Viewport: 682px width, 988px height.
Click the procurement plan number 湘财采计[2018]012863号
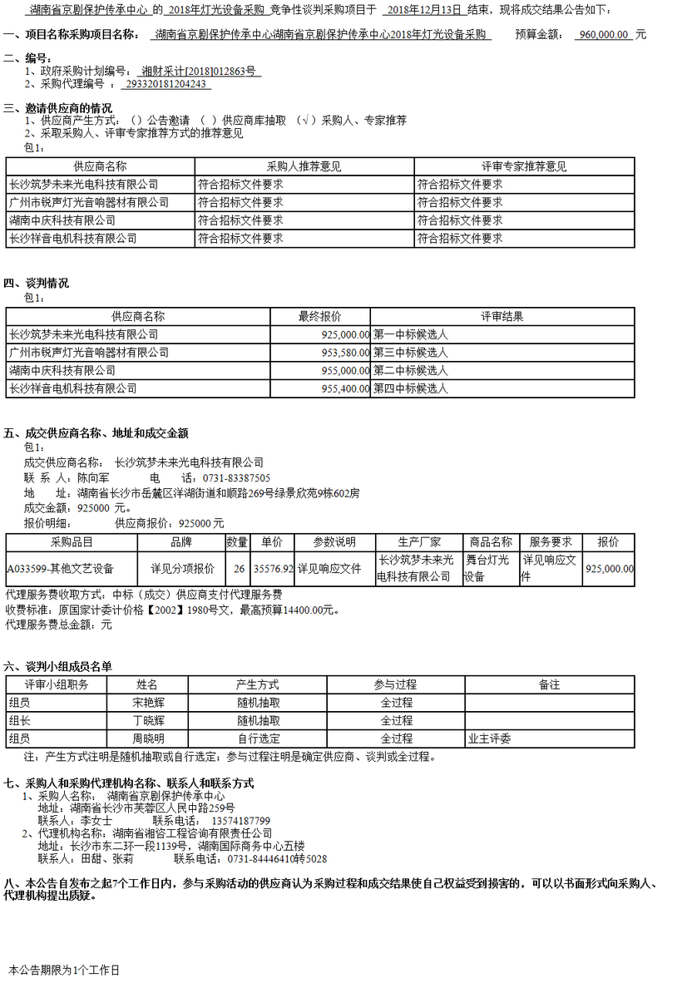(x=199, y=72)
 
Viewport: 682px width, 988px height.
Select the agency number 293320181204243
(x=166, y=84)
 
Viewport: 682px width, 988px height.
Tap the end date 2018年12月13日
(x=424, y=10)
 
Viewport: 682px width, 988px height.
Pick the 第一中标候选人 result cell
(x=411, y=334)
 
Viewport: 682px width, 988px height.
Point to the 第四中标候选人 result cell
(x=411, y=388)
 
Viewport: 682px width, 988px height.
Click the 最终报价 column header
(x=320, y=316)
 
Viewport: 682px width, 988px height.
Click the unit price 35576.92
(x=273, y=569)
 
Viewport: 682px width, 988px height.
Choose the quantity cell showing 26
(x=239, y=569)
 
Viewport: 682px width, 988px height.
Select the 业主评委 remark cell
(x=490, y=739)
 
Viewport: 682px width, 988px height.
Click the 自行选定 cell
(x=259, y=739)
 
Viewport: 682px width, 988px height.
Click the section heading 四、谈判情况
(x=37, y=284)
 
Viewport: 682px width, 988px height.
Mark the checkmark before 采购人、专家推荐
(x=309, y=121)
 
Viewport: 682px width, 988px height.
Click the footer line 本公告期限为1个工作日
(x=64, y=970)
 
